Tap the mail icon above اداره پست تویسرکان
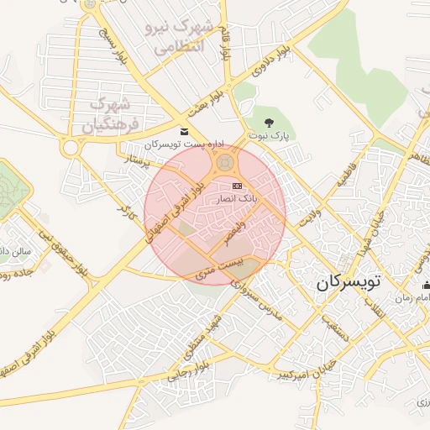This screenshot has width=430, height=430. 184,131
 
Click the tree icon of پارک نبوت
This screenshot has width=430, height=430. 268,123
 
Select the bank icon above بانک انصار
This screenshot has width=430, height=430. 237,186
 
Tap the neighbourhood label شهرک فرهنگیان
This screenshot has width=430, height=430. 109,116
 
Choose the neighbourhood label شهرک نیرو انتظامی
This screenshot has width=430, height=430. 180,37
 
